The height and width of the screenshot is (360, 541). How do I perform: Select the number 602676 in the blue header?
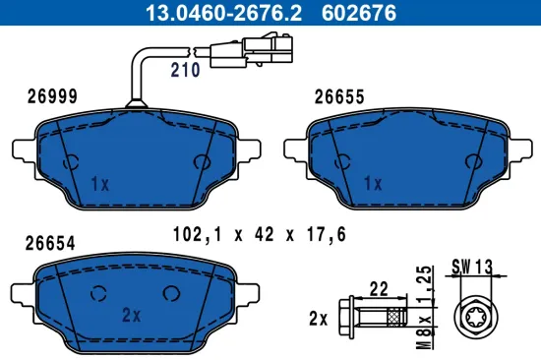(339, 14)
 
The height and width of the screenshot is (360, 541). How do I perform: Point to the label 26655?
(339, 96)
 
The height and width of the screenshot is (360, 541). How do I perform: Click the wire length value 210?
(185, 70)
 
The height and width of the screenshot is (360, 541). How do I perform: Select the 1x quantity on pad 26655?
(371, 184)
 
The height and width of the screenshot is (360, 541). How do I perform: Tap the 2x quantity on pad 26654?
(131, 315)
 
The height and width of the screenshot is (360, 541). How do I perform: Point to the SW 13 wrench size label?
(474, 266)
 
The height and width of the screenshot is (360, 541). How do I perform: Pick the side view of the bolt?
(374, 319)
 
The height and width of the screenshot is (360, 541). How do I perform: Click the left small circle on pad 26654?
(97, 291)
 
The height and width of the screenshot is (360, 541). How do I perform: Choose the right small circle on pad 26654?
(172, 291)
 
